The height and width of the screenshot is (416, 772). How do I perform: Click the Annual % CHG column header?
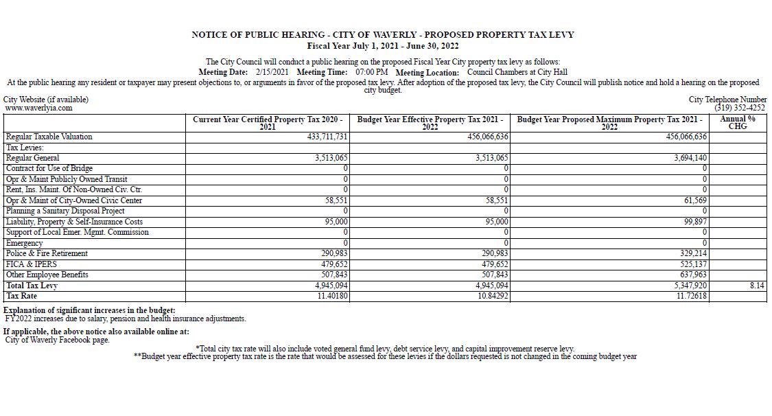737,122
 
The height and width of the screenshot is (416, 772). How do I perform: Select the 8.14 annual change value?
757,286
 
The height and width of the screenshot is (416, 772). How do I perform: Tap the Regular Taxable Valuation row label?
49,137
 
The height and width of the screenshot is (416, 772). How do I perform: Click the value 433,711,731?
327,137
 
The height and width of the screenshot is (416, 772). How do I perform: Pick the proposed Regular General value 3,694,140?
687,158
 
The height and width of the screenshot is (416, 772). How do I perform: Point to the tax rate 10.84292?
490,296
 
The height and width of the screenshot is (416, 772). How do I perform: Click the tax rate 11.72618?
688,296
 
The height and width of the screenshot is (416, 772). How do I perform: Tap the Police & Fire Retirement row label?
47,253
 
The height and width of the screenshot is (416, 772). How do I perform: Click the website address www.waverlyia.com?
38,108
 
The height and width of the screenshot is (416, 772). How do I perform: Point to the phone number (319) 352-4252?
740,108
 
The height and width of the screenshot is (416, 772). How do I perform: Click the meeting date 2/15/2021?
272,72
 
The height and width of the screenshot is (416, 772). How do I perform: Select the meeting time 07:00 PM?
372,72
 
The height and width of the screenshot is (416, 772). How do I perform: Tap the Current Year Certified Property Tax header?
268,123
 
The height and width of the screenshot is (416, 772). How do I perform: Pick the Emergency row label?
24,243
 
